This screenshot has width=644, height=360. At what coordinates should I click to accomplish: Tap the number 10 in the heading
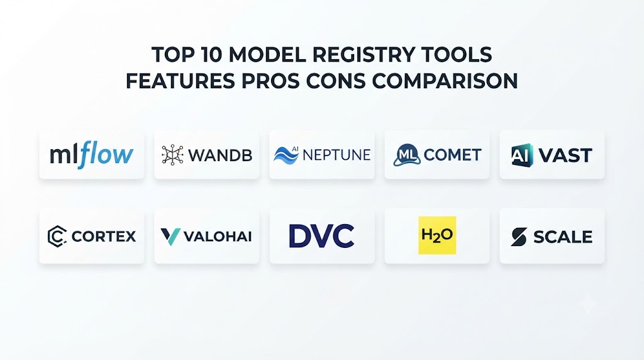coord(211,55)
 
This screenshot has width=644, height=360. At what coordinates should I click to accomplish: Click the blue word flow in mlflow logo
coord(106,155)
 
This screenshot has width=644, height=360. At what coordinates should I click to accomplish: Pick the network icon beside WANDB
coord(172,155)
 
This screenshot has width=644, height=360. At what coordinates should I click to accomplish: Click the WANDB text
coord(220,155)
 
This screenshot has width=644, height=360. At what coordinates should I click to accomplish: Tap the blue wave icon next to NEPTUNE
coord(286,155)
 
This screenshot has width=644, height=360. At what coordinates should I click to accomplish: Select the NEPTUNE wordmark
coord(336,155)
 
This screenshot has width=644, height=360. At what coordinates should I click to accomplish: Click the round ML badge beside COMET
coord(407,155)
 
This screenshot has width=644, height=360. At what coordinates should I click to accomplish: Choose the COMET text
coord(452,155)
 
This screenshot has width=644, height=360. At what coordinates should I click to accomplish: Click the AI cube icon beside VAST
coord(522,155)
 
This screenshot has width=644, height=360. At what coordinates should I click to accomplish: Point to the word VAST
coord(565,155)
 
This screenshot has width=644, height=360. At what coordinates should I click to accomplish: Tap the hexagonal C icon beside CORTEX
coord(57,236)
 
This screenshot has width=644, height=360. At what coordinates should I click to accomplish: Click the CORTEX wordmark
coord(104,236)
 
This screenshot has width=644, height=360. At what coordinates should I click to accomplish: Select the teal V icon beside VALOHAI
coord(170,237)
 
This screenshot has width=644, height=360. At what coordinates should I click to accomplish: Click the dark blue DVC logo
coord(321,236)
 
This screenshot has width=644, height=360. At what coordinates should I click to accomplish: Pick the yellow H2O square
coord(437,235)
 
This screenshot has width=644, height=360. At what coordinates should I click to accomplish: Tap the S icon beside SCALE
coord(519,237)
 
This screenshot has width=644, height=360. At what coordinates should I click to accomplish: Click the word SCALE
coord(563,237)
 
